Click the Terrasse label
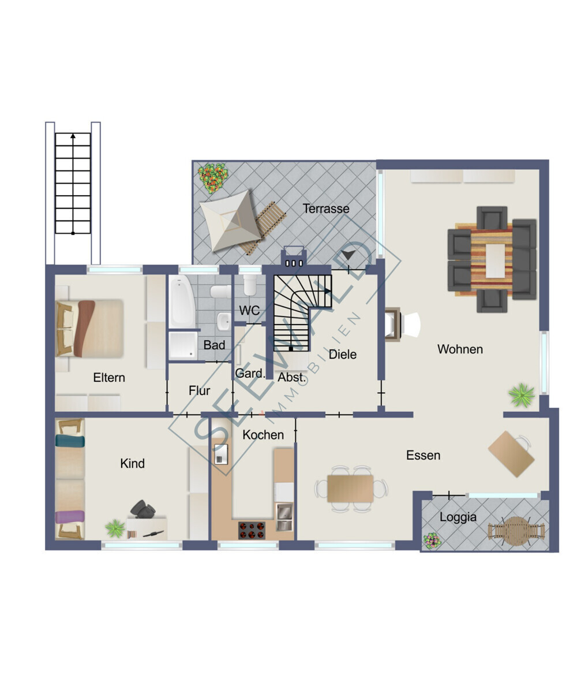325,208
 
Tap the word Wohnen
460,349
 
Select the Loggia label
458,517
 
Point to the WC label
249,310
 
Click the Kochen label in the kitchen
263,435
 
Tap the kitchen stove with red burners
252,530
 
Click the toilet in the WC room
249,285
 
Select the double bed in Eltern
90,328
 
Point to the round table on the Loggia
516,531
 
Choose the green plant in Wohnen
522,395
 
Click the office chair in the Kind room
143,509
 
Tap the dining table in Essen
350,489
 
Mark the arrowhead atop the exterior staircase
73,136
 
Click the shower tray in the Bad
183,345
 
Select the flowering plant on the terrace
213,177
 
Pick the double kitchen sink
284,516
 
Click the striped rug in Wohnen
492,259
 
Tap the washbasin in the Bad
224,321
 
